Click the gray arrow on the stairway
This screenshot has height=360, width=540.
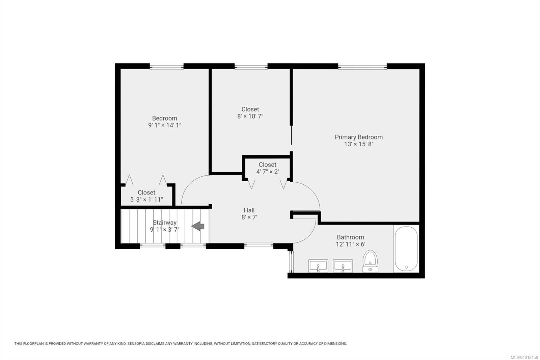click(x=198, y=226)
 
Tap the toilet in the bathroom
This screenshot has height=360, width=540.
click(x=370, y=261)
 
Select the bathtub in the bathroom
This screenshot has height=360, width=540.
click(x=406, y=249)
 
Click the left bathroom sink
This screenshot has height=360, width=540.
click(x=318, y=266)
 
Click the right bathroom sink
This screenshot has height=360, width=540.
click(x=343, y=266)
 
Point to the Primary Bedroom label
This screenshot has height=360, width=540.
click(x=359, y=137)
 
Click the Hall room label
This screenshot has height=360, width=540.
click(x=249, y=210)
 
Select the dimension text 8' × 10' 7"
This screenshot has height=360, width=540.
click(x=250, y=116)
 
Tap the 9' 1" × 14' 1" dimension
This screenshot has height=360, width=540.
click(x=165, y=125)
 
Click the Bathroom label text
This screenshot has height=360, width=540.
click(x=351, y=237)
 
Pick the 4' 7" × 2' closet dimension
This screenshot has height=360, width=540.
click(x=268, y=172)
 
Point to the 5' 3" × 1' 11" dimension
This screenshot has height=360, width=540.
click(x=146, y=200)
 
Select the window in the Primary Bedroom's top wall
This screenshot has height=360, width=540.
click(x=362, y=67)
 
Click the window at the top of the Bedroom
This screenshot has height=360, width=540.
click(x=167, y=67)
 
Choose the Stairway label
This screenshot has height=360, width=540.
click(x=165, y=223)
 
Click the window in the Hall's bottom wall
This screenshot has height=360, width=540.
click(x=259, y=246)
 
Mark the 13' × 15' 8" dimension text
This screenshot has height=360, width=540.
click(x=359, y=144)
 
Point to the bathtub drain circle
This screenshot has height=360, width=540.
click(x=406, y=267)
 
